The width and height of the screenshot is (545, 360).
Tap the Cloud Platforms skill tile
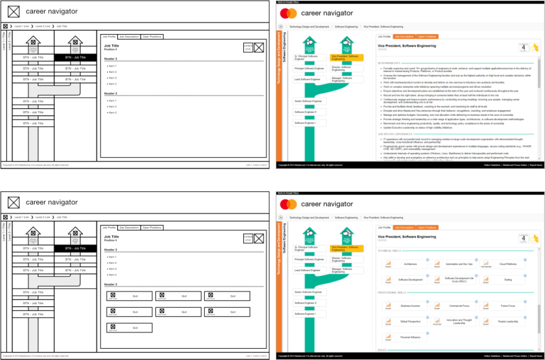pyautogui.click(x=502, y=264)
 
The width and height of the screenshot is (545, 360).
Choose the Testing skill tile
pyautogui.click(x=502, y=279)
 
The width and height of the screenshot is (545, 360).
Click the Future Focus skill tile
pyautogui.click(x=502, y=306)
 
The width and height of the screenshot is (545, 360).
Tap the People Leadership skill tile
pyautogui.click(x=502, y=321)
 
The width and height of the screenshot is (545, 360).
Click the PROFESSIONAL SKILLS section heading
pyautogui.click(x=391, y=292)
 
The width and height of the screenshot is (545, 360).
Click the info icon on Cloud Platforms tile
pyautogui.click(x=525, y=259)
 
